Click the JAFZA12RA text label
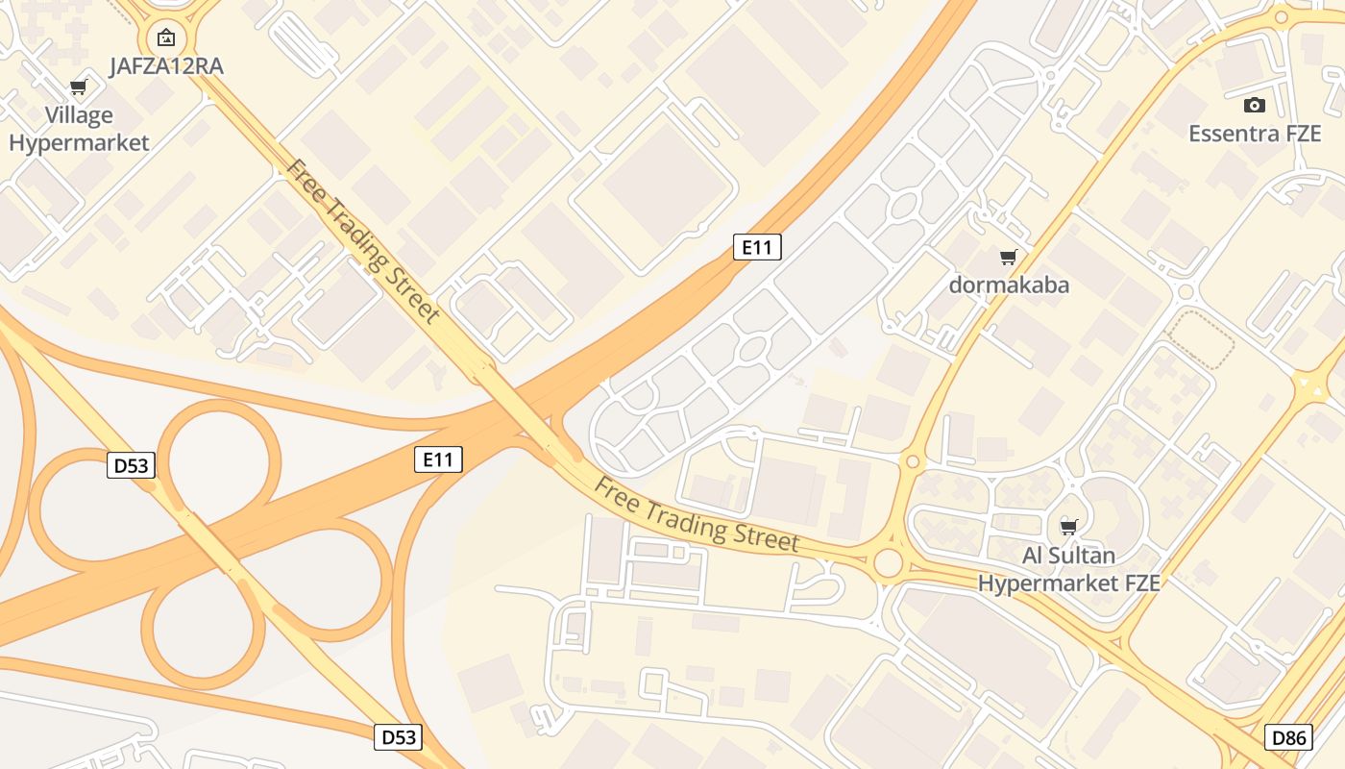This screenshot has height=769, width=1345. point(166,66)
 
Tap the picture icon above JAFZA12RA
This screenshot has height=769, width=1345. point(166,38)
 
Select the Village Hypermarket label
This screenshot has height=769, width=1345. point(79,129)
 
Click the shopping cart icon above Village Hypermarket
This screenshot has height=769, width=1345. point(79,88)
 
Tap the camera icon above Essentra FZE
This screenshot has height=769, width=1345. point(1255,105)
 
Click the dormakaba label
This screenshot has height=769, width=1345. point(1009,285)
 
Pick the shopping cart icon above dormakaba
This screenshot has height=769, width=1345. point(1009,257)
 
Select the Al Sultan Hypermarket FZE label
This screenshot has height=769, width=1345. point(1068,569)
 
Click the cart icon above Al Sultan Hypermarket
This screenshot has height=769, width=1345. point(1068,526)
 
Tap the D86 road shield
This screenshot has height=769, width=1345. point(1288,738)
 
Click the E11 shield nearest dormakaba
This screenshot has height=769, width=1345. point(757,247)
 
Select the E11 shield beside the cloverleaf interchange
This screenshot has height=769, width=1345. point(438,459)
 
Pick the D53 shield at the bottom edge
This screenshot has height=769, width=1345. point(399,737)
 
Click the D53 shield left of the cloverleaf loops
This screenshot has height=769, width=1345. point(131,466)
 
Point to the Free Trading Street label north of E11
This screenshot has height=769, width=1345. point(362,241)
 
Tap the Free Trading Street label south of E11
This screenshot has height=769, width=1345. point(697,514)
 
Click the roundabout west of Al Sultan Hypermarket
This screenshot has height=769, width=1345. point(889,563)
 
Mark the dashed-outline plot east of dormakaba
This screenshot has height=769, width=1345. point(1201,339)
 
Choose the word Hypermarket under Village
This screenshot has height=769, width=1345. point(79,143)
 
